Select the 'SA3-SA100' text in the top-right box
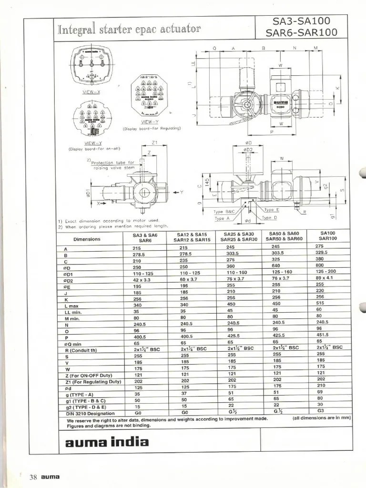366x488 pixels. click(x=302, y=22)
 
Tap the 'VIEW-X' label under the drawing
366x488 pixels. click(x=92, y=91)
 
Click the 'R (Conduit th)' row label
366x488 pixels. click(x=80, y=351)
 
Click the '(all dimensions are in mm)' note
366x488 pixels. click(x=322, y=417)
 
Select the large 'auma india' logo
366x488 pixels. click(x=106, y=442)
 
